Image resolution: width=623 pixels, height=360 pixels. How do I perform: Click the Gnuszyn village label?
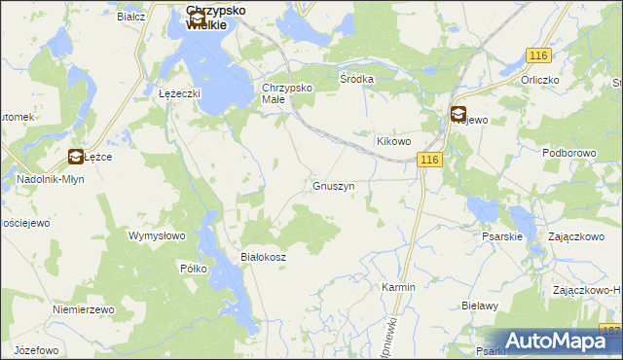(333, 185)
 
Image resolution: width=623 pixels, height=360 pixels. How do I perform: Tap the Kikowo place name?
(395, 141)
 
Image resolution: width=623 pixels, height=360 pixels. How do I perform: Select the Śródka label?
(356, 78)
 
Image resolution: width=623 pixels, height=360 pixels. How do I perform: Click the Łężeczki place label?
(179, 93)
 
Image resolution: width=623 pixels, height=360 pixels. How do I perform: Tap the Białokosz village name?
(262, 257)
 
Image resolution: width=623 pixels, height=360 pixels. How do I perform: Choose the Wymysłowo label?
(157, 235)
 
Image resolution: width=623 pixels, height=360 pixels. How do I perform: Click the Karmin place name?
(398, 288)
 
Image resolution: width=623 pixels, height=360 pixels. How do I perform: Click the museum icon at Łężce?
(75, 156)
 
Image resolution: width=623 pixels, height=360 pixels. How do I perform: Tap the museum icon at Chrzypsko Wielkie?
(197, 18)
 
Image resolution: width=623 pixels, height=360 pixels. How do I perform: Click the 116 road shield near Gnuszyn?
(431, 159)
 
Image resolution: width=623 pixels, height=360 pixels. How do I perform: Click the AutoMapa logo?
(554, 341)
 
